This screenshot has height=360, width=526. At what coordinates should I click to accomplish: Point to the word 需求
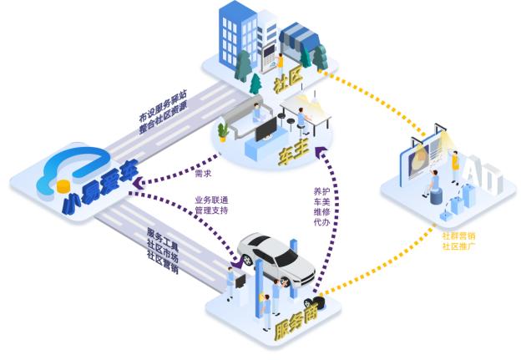tap(203, 174)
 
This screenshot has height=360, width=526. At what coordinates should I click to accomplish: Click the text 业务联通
tap(211, 200)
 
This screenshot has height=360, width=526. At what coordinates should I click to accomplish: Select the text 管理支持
tap(211, 211)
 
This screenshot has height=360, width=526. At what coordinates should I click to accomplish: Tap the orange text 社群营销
tap(458, 236)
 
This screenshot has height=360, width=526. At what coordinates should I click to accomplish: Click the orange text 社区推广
tap(458, 248)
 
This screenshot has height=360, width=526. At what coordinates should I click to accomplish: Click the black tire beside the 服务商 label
tap(318, 302)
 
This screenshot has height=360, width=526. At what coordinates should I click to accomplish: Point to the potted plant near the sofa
tap(223, 131)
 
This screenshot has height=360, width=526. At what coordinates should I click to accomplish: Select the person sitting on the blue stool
tap(433, 182)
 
